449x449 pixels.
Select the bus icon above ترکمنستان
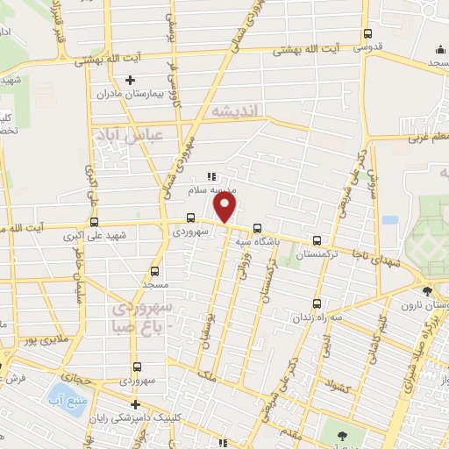(317, 239)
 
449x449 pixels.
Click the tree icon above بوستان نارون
(427, 291)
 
